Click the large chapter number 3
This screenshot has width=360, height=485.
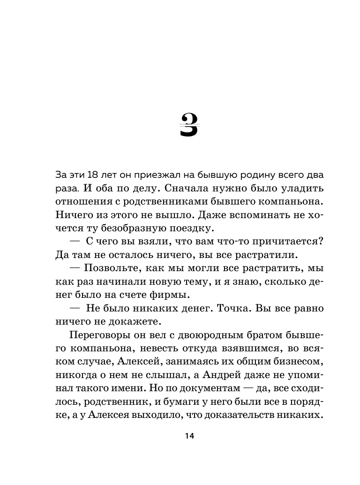coord(189,125)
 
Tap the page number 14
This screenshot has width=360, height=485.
coord(189,436)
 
